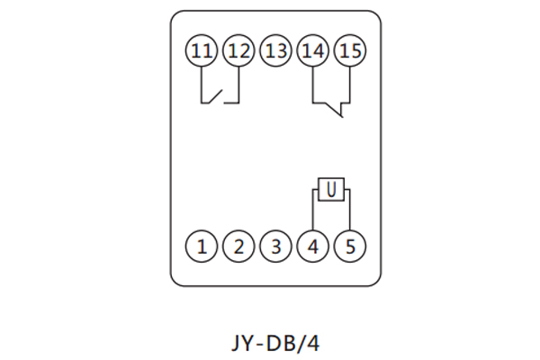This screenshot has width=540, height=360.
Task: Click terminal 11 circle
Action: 202,51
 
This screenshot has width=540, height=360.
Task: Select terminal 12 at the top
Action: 238,51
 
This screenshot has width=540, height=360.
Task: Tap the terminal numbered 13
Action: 275,51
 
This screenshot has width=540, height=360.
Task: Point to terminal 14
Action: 313,51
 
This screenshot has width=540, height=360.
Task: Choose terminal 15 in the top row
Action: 350,51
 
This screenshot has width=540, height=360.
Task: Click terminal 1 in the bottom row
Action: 202,245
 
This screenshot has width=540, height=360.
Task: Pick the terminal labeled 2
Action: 238,245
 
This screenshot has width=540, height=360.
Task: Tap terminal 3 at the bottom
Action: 275,245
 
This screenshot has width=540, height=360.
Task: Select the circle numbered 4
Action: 313,245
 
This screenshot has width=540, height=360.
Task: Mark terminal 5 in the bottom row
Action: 350,245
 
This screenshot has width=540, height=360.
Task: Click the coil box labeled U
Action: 331,190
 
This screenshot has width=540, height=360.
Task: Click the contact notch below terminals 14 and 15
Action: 337,111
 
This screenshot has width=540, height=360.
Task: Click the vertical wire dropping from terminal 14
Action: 313,85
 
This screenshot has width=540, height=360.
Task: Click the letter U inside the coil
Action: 331,190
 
